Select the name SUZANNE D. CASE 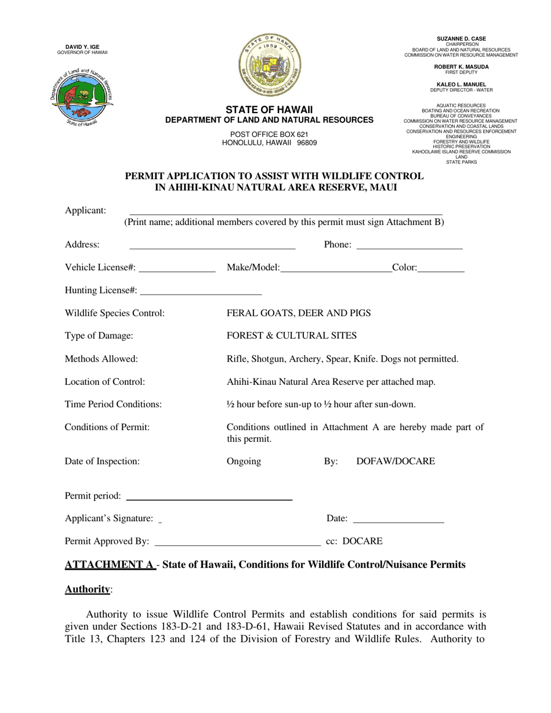[461, 39]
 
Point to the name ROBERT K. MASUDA [461, 67]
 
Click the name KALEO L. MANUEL [461, 85]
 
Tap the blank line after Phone [409, 246]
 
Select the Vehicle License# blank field [177, 268]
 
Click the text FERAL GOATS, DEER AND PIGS [298, 314]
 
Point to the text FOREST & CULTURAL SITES [291, 336]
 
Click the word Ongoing [244, 461]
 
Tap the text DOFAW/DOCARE [395, 461]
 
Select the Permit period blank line [209, 497]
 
